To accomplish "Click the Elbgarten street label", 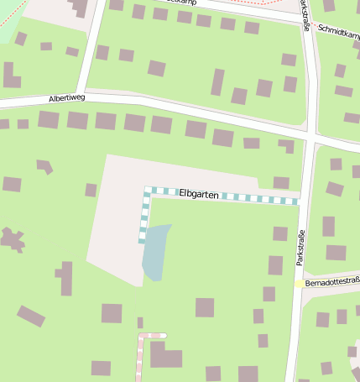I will pyautogui.click(x=199, y=194).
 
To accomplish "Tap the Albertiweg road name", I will pyautogui.click(x=66, y=98).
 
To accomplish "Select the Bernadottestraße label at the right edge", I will pyautogui.click(x=332, y=283).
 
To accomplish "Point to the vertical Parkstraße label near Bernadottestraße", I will pyautogui.click(x=300, y=244).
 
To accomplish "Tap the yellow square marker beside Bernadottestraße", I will pyautogui.click(x=300, y=284).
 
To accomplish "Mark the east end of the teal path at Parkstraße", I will pyautogui.click(x=297, y=201).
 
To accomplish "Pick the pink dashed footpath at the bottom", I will pyautogui.click(x=139, y=357).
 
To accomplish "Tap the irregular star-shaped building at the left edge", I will pyautogui.click(x=12, y=239).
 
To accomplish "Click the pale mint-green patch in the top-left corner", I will pyautogui.click(x=10, y=25).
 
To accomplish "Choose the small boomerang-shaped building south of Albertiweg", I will pyautogui.click(x=44, y=166).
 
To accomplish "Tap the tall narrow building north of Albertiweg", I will pyautogui.click(x=217, y=81).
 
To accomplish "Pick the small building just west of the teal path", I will pyautogui.click(x=91, y=190).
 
